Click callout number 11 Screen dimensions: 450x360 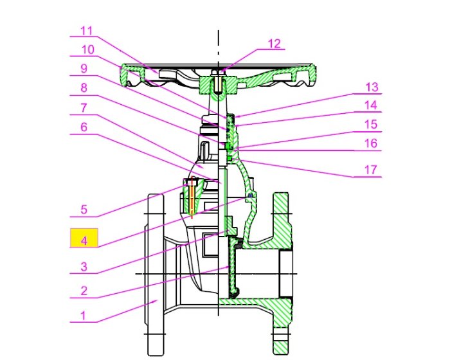[86, 30]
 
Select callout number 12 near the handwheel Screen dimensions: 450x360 [274, 44]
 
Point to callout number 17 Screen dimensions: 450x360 [370, 170]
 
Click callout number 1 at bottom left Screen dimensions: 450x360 [83, 316]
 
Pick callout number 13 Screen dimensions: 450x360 [372, 87]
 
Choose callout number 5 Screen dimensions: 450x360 [84, 210]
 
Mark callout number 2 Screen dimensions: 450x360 [84, 291]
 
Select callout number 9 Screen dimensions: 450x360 [84, 69]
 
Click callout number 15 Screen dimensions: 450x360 [371, 125]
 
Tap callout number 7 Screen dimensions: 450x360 [84, 108]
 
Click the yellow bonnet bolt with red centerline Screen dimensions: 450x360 [192, 198]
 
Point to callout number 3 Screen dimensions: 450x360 [84, 267]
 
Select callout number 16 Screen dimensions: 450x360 [371, 143]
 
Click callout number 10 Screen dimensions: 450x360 [88, 50]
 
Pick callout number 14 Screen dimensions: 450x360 [371, 105]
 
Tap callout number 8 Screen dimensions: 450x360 [84, 88]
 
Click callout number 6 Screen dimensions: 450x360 [84, 127]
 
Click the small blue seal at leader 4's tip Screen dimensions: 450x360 [250, 195]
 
